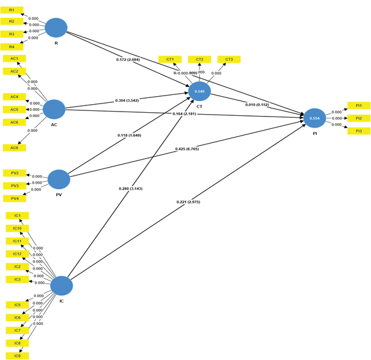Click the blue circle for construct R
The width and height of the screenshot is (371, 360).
56,28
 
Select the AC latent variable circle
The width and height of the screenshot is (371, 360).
54,109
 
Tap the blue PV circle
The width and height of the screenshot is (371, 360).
59,179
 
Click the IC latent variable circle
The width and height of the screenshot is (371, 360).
62,285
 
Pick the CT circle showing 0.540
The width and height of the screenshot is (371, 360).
200,91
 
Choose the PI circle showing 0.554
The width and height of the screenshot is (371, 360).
314,118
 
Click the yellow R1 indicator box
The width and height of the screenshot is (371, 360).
12,11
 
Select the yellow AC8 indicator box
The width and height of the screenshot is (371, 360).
14,147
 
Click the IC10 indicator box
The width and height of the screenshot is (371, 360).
16,228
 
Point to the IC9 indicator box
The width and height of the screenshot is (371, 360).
16,356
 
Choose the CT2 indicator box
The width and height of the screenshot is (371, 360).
200,59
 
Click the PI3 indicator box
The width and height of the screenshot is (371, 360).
359,131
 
